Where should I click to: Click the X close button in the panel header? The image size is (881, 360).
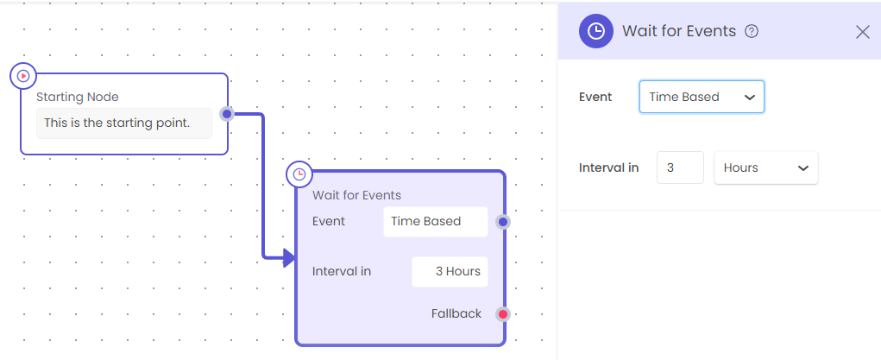click(x=863, y=32)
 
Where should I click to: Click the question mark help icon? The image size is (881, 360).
click(x=752, y=31)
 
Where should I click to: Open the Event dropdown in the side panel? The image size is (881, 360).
click(x=702, y=97)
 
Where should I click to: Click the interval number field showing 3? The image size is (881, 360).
click(x=680, y=167)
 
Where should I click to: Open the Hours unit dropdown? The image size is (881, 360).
click(x=766, y=167)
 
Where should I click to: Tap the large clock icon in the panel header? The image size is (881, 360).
click(x=595, y=31)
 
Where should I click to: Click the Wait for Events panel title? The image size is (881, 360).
click(x=679, y=31)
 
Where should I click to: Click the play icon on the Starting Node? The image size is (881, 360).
click(x=23, y=75)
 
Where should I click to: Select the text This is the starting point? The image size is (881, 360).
click(x=116, y=123)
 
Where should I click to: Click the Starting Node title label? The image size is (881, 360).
click(x=78, y=97)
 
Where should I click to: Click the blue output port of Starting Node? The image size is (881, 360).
click(x=226, y=114)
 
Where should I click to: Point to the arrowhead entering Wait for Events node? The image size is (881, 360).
click(x=290, y=258)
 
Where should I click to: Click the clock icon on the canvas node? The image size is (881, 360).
click(x=299, y=174)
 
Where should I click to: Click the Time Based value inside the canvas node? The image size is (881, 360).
click(x=426, y=222)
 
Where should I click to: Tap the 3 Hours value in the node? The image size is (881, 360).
click(x=458, y=272)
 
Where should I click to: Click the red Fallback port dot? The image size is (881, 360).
click(x=503, y=314)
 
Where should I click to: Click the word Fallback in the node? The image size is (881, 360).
click(x=456, y=314)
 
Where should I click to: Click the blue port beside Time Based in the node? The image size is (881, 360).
click(x=503, y=222)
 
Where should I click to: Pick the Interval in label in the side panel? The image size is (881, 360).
click(x=608, y=167)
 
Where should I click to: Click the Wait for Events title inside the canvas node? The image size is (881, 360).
click(x=356, y=196)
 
